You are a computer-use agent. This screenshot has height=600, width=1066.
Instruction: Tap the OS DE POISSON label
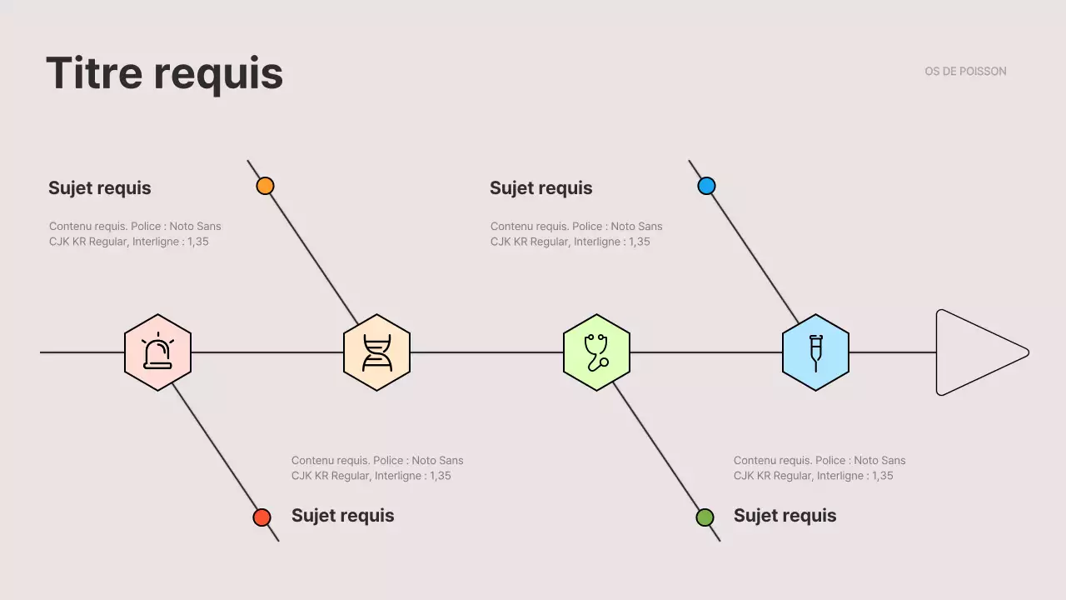965,72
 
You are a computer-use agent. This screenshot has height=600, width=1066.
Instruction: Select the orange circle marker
265,186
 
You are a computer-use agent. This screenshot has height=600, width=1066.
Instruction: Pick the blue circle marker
706,186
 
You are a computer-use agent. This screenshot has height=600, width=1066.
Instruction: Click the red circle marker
262,517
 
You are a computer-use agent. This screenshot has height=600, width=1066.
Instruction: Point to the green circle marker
705,517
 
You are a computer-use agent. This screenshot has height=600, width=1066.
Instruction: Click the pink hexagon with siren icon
157,352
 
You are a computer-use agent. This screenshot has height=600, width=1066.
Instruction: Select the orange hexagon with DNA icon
376,352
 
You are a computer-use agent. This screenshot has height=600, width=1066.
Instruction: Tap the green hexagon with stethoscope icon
596,352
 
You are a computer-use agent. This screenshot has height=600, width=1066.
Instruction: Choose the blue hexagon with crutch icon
815,352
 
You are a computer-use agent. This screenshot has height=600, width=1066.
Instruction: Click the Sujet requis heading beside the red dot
342,515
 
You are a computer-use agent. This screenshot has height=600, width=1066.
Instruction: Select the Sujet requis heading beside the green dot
785,515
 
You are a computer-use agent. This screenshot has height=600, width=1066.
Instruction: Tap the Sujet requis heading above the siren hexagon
100,187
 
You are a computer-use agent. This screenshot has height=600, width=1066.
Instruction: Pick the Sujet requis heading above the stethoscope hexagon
541,187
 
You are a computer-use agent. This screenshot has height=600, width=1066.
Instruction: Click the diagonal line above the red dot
217,450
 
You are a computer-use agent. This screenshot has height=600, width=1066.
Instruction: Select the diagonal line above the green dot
658,450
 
